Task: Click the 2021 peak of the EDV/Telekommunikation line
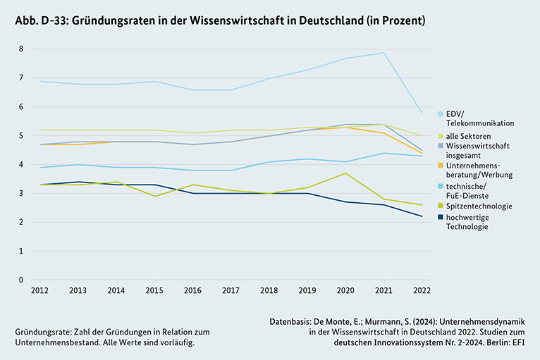click(382, 53)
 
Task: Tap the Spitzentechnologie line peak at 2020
click(345, 173)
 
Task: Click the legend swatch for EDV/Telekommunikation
click(441, 113)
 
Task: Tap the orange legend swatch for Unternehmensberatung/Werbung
click(441, 164)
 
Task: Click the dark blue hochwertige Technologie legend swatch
click(441, 217)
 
